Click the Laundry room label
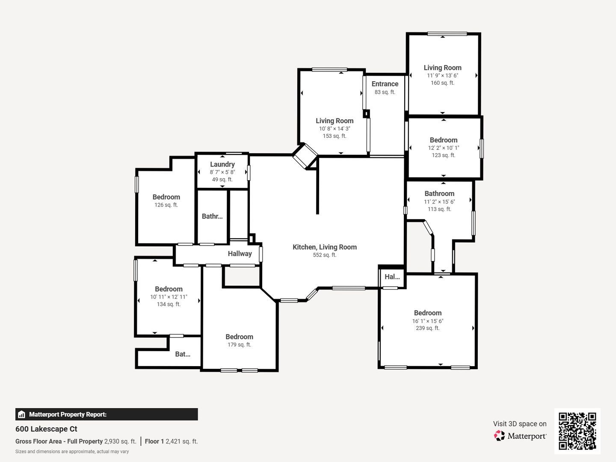[222, 164]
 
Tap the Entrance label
[385, 84]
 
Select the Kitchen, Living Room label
[325, 247]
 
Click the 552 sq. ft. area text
[325, 255]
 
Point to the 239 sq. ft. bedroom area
[428, 328]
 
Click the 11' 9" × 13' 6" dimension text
[443, 75]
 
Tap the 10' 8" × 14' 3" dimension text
[335, 128]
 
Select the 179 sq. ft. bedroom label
[240, 337]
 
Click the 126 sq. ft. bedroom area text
[166, 205]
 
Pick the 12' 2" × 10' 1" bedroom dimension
[444, 148]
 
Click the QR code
[577, 431]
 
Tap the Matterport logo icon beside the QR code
[499, 435]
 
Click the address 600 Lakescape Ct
[46, 429]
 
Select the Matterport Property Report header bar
[107, 415]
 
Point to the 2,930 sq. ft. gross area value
[120, 441]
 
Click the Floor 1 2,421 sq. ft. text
[171, 441]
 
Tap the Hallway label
[240, 254]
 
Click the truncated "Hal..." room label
[392, 277]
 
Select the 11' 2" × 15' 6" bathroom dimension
[439, 201]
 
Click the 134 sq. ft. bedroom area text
[169, 304]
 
